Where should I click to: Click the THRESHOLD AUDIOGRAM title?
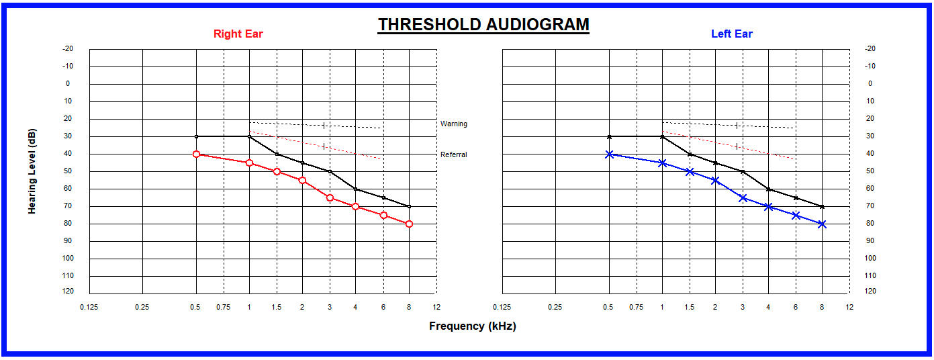[483, 25]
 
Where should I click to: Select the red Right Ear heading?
[238, 34]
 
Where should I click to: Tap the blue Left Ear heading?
[731, 34]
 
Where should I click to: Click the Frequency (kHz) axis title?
[473, 326]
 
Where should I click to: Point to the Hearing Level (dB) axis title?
[32, 171]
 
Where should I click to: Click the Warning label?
[454, 124]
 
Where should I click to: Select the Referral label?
[454, 154]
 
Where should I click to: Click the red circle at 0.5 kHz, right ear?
[196, 154]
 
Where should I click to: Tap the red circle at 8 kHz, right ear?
[409, 224]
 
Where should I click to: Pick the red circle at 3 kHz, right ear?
[330, 197]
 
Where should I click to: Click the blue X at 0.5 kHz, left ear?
[609, 154]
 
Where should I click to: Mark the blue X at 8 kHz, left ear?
[822, 224]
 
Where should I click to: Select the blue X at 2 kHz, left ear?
[715, 180]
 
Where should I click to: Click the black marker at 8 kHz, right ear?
[409, 206]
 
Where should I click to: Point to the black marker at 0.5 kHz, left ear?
[609, 136]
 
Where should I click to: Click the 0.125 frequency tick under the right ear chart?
[89, 308]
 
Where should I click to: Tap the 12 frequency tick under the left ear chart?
[849, 308]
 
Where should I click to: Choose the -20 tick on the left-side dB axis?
[68, 49]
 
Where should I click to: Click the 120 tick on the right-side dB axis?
[870, 291]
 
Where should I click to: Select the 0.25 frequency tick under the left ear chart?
[555, 308]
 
